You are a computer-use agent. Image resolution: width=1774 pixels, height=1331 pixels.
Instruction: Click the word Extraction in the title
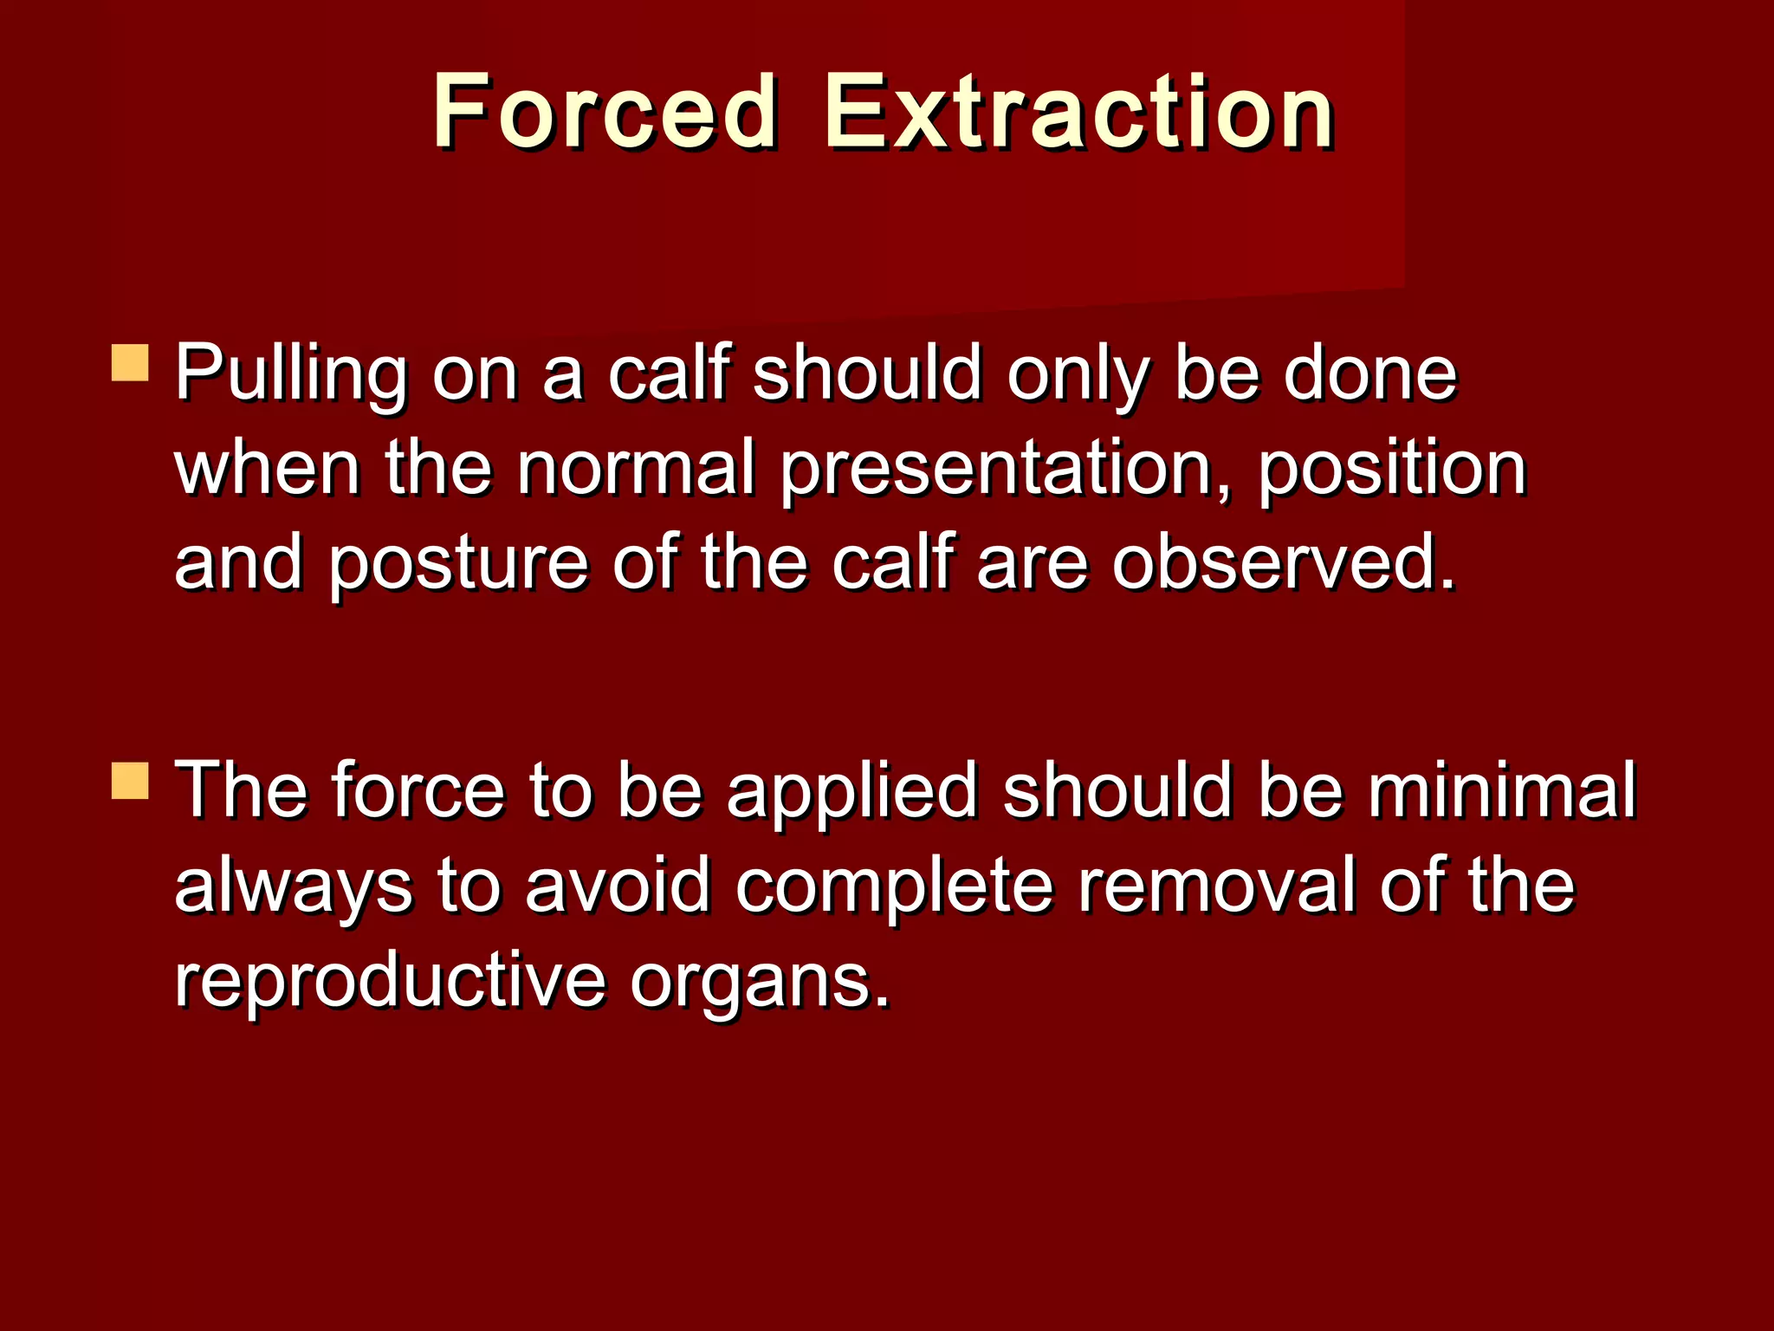pos(1078,112)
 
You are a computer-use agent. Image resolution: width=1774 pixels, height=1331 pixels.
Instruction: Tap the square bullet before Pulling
pos(131,363)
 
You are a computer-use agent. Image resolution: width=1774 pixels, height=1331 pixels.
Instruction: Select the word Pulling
pos(291,374)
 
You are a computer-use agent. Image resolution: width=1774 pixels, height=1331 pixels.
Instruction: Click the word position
pos(1391,470)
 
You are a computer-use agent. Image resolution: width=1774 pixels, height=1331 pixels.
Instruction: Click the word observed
pos(1283,563)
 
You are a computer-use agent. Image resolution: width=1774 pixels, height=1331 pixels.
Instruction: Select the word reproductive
pos(390,983)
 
